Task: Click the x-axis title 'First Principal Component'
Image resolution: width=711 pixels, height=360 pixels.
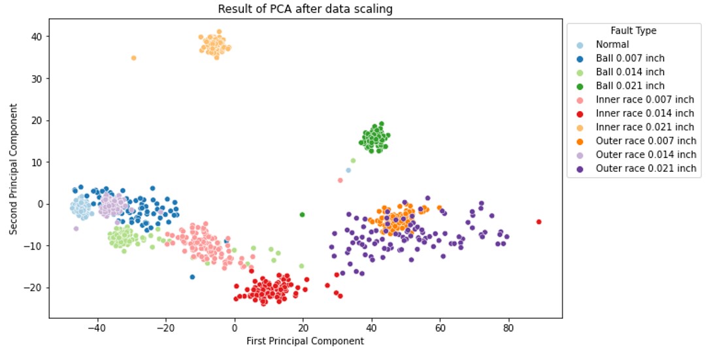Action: (x=305, y=341)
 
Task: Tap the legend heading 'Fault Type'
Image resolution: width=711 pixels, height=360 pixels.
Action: (x=633, y=31)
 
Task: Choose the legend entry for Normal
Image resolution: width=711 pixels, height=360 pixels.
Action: (x=612, y=44)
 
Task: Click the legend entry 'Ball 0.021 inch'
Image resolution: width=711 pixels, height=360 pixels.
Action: (x=630, y=86)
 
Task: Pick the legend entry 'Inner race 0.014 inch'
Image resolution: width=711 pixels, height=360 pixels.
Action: (x=644, y=113)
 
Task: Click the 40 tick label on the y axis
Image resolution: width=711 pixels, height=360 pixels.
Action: (x=37, y=37)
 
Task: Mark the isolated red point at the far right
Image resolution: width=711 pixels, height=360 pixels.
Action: (x=539, y=221)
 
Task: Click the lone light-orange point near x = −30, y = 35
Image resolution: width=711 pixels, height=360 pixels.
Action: (x=133, y=58)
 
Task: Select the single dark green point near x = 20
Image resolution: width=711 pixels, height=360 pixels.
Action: (x=302, y=214)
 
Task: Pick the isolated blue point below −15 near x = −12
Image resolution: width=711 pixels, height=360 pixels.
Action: (x=192, y=277)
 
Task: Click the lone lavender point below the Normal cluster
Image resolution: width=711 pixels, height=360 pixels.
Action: (x=76, y=229)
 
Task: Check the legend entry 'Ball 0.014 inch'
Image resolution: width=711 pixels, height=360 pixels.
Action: (x=630, y=72)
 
